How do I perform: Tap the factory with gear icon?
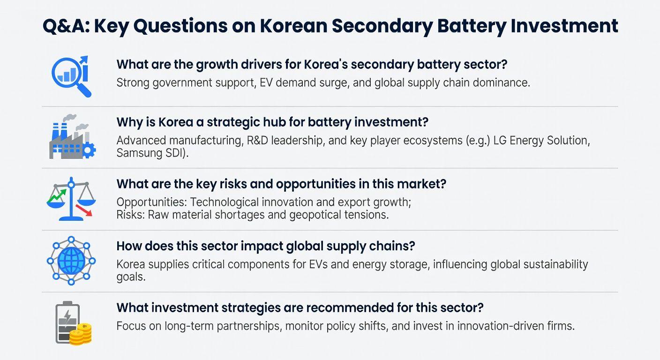[x=72, y=137]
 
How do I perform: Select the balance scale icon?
[x=71, y=199]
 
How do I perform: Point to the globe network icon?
[x=71, y=261]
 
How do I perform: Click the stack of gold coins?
[x=81, y=334]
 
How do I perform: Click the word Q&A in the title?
[x=64, y=26]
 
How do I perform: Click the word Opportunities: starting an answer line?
[x=151, y=202]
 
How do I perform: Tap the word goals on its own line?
[x=131, y=277]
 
